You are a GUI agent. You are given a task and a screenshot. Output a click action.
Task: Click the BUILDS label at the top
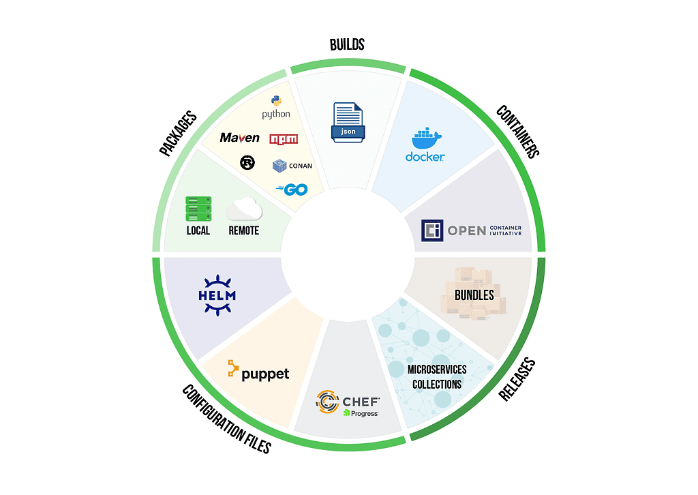pyautogui.click(x=347, y=45)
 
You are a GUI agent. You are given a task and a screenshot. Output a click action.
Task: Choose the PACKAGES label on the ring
pyautogui.click(x=178, y=134)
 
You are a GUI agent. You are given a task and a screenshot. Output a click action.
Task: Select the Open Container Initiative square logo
pyautogui.click(x=432, y=230)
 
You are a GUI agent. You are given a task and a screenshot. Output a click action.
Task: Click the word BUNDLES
pyautogui.click(x=474, y=295)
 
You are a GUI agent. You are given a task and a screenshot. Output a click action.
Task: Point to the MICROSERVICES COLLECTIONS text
pyautogui.click(x=437, y=376)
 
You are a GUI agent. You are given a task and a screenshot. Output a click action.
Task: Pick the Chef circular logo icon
pyautogui.click(x=328, y=402)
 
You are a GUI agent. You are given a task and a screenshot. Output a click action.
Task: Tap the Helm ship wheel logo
pyautogui.click(x=216, y=295)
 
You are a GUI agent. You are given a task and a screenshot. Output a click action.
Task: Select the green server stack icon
pyautogui.click(x=198, y=209)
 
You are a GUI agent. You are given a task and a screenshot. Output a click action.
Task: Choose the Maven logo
pyautogui.click(x=240, y=138)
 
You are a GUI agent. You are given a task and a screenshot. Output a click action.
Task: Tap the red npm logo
pyautogui.click(x=284, y=139)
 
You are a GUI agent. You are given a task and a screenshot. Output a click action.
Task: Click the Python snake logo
pyautogui.click(x=276, y=102)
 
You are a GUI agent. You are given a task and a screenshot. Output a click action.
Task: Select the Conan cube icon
pyautogui.click(x=279, y=165)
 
